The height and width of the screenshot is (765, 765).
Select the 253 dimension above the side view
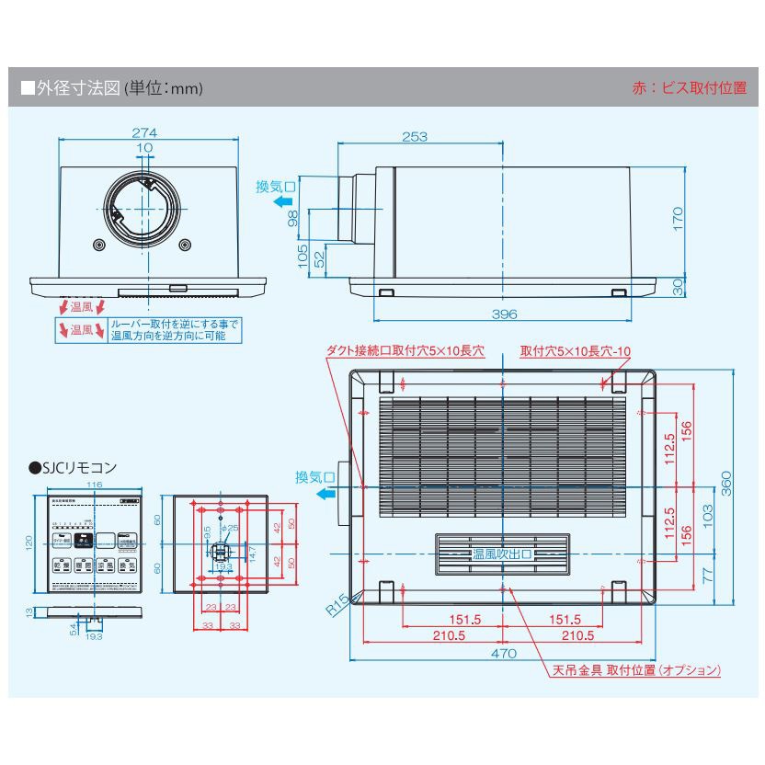coord(415,137)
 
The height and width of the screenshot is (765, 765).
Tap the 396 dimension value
coord(504,314)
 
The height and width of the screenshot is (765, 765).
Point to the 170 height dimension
coord(678,218)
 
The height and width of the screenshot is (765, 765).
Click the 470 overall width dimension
coord(503,653)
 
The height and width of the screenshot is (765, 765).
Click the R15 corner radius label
coord(337,602)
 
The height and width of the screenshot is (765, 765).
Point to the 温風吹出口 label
coord(501,554)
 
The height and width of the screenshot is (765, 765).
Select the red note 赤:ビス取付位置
coord(690,88)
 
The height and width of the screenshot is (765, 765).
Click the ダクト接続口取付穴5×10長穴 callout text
coord(405,350)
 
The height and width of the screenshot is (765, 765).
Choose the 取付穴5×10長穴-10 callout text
coord(575,350)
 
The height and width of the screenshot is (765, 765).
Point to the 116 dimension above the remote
coord(94,485)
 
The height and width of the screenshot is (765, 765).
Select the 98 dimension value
coord(292,218)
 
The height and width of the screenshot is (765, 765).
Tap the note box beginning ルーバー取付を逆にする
coord(175,330)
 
